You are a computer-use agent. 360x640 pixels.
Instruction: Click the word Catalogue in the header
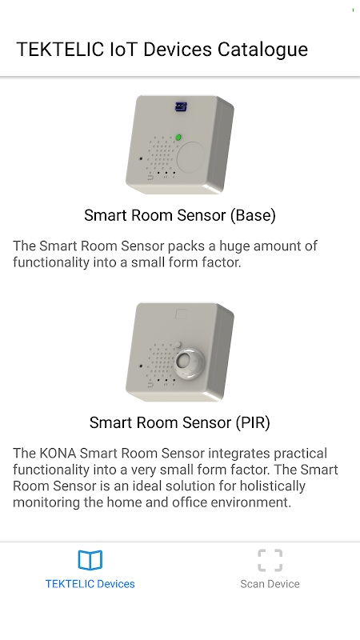click(x=262, y=50)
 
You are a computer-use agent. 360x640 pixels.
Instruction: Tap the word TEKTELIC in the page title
click(x=60, y=50)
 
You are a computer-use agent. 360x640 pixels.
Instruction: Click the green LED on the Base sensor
click(x=178, y=138)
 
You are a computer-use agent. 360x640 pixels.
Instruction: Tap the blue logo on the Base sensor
click(x=181, y=106)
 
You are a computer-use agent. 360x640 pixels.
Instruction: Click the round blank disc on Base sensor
click(x=190, y=156)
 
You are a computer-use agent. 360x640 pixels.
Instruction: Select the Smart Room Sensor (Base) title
click(x=180, y=215)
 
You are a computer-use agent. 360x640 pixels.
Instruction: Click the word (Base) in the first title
click(x=253, y=215)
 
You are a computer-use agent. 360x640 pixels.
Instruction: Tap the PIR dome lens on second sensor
click(x=186, y=362)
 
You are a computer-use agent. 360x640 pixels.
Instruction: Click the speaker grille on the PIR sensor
click(x=162, y=362)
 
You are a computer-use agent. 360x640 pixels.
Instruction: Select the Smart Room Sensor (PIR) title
click(x=180, y=422)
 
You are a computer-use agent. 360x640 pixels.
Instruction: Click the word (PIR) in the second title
click(x=253, y=422)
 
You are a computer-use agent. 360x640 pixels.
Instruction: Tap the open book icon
click(x=90, y=560)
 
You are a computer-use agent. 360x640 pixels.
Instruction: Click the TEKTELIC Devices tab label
click(x=90, y=584)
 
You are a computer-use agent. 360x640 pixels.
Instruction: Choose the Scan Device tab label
click(x=270, y=584)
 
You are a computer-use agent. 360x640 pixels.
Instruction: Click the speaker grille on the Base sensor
click(x=162, y=155)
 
